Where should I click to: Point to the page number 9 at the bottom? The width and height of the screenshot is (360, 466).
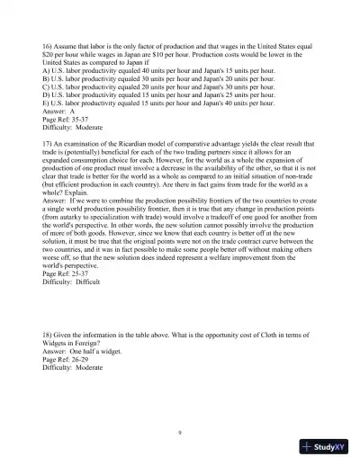[x=180, y=433]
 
